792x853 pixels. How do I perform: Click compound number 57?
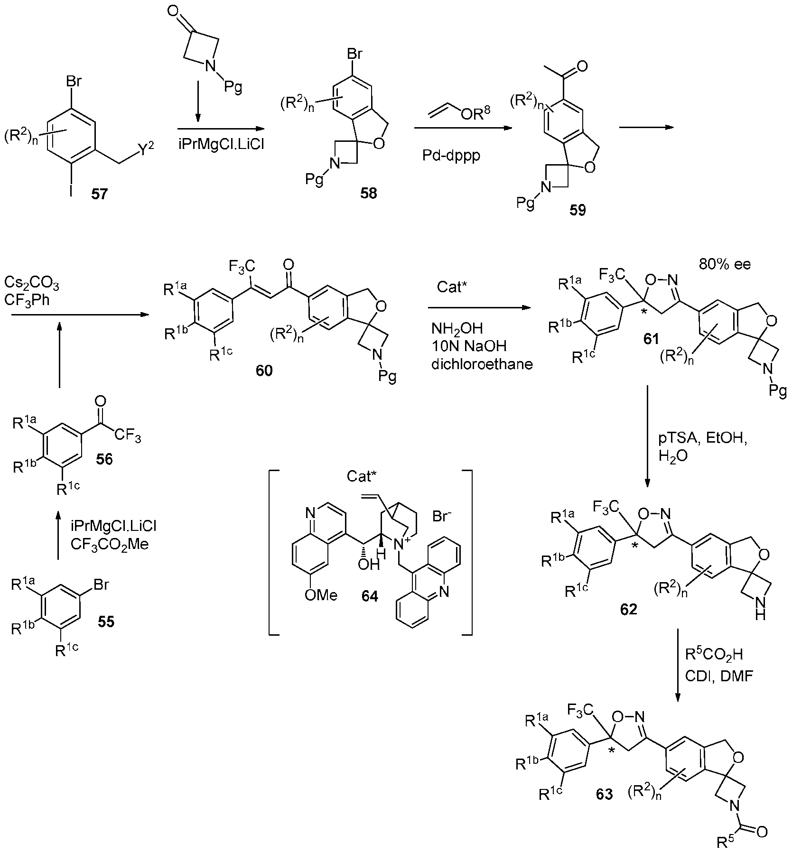(100, 194)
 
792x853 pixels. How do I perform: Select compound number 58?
(368, 194)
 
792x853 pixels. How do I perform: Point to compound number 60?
(264, 371)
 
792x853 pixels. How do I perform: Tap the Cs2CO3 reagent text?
(32, 284)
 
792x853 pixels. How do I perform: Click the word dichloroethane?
(482, 364)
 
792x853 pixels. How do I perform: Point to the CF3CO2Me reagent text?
(110, 544)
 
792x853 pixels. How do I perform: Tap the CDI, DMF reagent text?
(719, 676)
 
